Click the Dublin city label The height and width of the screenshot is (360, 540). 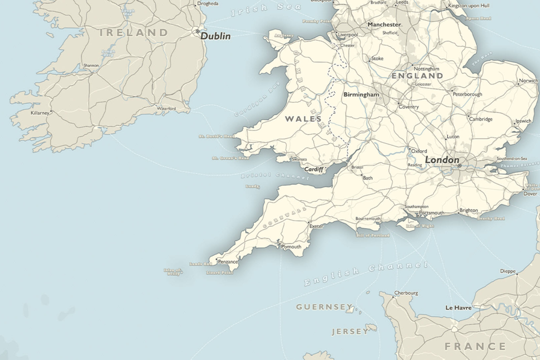215,36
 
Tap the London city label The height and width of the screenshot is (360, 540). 442,160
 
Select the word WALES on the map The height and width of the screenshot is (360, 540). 303,119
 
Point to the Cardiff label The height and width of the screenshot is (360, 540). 314,169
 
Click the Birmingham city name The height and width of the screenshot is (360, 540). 361,95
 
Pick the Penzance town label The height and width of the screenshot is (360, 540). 228,262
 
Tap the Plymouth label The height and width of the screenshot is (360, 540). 291,247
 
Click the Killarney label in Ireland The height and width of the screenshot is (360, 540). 40,113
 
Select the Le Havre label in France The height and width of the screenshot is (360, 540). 458,308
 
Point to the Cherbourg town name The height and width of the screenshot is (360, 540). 406,293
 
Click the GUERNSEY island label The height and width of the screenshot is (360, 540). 324,307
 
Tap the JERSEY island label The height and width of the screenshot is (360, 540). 350,331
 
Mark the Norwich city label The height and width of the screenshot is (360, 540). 528,81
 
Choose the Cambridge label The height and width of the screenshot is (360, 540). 481,119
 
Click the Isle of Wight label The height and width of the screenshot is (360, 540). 420,226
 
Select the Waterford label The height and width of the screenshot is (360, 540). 166,109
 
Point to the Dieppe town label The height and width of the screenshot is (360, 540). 507,271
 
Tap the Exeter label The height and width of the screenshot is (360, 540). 316,226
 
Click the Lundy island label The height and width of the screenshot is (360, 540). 252,186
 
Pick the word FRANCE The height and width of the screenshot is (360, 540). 475,347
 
